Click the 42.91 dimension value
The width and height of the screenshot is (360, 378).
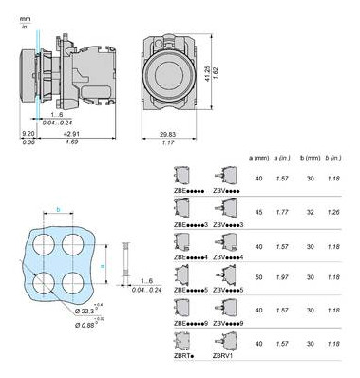(71, 134)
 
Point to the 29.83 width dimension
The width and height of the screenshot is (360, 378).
(167, 134)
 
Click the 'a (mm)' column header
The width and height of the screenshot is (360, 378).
(258, 157)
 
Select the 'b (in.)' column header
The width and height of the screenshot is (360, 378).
(332, 157)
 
